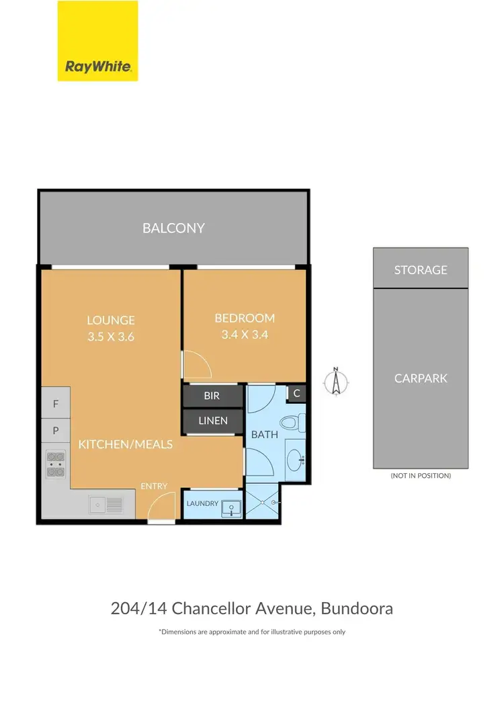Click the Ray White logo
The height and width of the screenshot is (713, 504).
pos(97,41)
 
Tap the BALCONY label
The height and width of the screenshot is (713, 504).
pos(173,228)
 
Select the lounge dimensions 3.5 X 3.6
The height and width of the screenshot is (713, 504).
pos(111,337)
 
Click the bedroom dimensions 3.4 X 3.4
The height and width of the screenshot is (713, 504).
pos(245,334)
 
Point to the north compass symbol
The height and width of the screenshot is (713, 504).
pos(334,381)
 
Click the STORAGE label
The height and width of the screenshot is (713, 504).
pos(420,269)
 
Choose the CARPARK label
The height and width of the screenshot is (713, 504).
pos(420,378)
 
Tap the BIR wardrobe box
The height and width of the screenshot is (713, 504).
pos(212,396)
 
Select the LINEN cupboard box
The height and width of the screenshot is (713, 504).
pos(212,421)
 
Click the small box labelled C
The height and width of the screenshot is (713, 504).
pos(296,393)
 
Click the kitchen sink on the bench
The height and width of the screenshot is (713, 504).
pos(106,503)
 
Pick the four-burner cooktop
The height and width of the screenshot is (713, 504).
pos(55,464)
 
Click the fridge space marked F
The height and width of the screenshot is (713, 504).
pos(56,405)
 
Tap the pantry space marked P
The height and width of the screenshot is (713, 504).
pos(56,430)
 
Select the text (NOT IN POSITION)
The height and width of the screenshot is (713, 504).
pos(420,475)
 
